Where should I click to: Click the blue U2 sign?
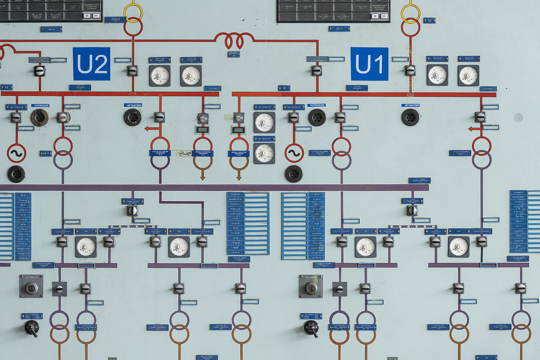91,64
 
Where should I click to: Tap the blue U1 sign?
369,64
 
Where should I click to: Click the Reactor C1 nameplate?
234,54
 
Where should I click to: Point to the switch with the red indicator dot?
63,117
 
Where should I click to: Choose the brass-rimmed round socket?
40,117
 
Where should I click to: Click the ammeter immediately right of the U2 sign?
160,75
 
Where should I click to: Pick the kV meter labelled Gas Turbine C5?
264,122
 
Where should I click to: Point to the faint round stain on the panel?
518,117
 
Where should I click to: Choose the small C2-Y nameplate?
45,153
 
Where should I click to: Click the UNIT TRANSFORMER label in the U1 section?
410,106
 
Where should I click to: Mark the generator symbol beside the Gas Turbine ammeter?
294,153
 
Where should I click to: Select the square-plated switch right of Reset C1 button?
340,289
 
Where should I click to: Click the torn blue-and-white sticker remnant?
183,153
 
